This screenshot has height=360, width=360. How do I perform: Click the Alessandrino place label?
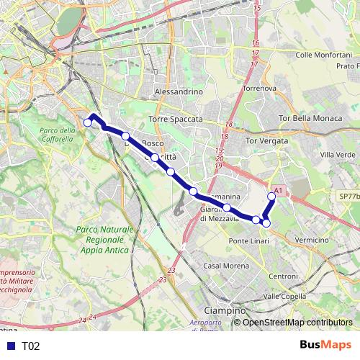pos(179,92)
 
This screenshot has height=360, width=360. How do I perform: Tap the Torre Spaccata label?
pos(176,119)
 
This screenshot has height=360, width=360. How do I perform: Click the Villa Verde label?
pos(338,155)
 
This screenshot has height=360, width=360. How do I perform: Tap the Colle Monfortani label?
pos(323,55)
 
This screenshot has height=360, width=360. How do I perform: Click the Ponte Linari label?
pos(248,240)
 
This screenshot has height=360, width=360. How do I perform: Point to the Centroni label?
pos(283,276)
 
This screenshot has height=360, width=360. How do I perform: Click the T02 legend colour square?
pos(9,346)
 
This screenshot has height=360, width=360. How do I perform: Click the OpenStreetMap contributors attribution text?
pos(297,323)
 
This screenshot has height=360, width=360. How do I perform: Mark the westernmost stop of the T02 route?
pos(88,123)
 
